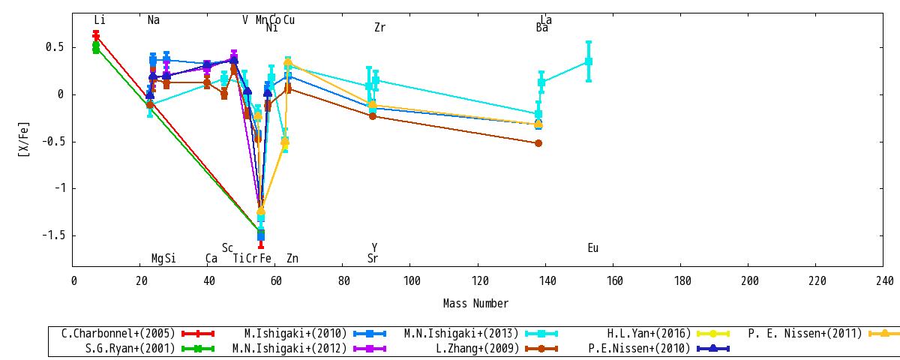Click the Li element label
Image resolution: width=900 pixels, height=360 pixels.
tap(100, 19)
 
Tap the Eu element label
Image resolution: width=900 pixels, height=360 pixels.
tap(593, 248)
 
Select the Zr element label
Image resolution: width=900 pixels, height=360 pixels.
tap(379, 27)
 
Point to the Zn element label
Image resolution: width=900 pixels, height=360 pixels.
tap(292, 258)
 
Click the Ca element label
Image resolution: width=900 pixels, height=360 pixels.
tap(211, 258)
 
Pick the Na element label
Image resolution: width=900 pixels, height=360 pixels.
tap(154, 19)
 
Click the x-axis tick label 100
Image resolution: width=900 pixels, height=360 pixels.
tap(412, 280)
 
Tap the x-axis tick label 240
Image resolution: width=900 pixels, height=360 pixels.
tap(884, 280)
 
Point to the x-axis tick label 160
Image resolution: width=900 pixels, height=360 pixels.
tap(614, 280)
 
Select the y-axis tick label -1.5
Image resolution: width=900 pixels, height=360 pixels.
tap(54, 235)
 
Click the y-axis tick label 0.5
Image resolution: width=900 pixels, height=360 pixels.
tap(55, 47)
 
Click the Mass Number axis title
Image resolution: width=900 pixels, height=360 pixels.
tap(475, 303)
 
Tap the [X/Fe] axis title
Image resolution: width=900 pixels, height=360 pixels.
tap(24, 139)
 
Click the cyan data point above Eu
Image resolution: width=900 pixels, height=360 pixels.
tap(589, 61)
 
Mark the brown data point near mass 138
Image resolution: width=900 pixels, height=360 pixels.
tap(538, 143)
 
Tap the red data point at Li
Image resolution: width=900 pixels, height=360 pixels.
tap(96, 37)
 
